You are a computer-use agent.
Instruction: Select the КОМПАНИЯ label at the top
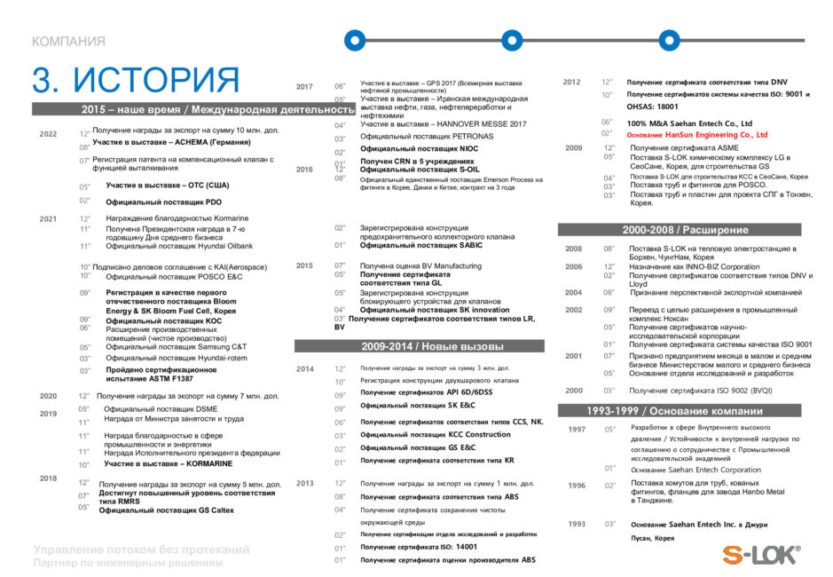point(68,42)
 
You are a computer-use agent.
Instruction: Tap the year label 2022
point(48,134)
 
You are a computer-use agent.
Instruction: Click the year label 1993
point(577,524)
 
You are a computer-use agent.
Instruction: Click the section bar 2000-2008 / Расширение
point(685,230)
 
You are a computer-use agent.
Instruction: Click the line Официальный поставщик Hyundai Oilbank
point(176,246)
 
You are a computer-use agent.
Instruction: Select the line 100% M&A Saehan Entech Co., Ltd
point(689,123)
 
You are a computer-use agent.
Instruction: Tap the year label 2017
point(304,87)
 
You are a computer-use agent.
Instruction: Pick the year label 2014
point(304,368)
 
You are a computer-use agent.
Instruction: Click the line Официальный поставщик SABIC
point(409,245)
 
